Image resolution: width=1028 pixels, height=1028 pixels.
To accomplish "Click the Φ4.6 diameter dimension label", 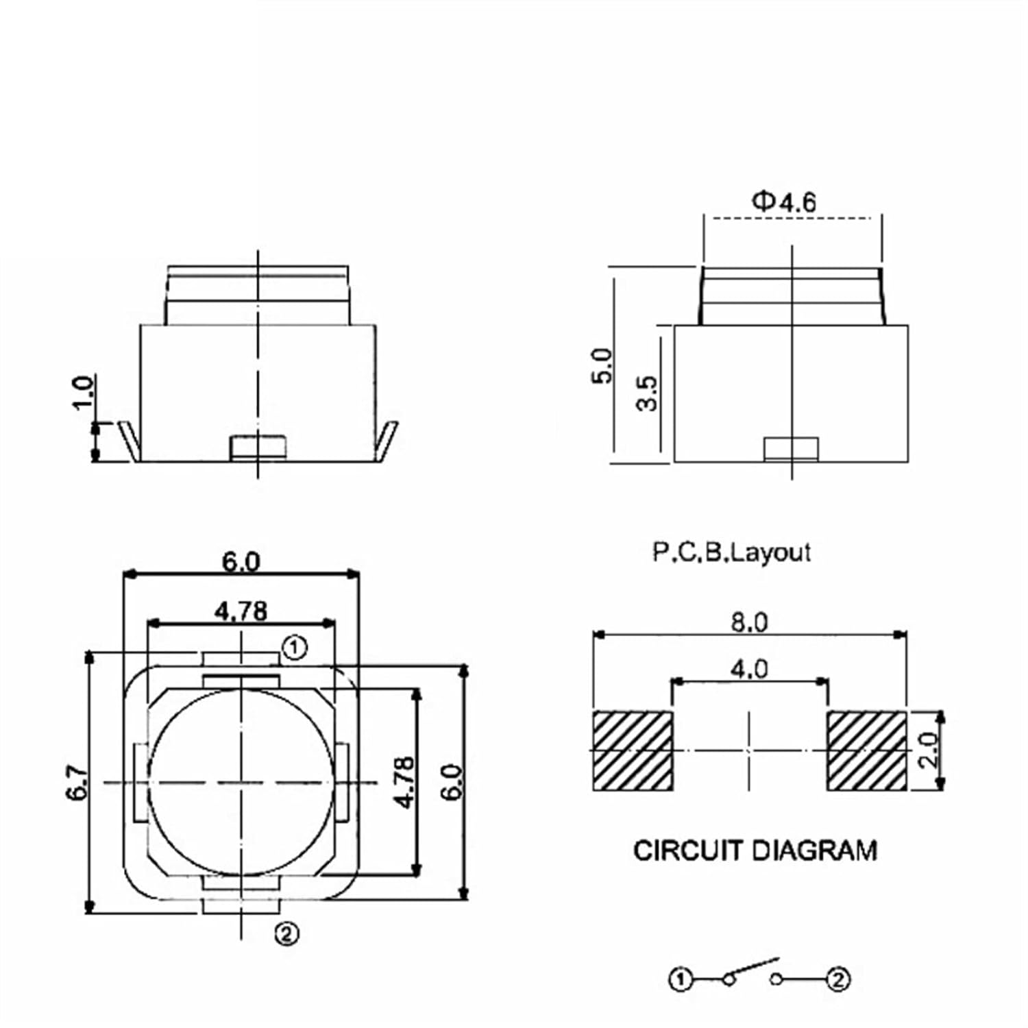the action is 785,202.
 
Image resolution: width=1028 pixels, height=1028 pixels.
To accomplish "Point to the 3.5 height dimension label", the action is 647,393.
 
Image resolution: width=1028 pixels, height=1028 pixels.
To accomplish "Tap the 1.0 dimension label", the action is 84,392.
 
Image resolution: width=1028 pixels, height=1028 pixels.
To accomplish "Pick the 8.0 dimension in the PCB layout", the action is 749,622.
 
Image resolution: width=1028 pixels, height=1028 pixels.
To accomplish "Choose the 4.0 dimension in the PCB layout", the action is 749,668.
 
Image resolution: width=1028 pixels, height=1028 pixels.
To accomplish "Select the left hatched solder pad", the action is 633,751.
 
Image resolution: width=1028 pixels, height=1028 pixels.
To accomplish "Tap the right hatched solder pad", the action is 867,751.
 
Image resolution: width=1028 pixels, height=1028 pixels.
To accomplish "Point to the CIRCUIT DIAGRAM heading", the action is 755,850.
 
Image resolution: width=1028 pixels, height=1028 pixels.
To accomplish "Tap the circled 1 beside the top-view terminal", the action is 295,648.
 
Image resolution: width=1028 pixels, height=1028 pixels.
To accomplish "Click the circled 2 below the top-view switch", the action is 287,933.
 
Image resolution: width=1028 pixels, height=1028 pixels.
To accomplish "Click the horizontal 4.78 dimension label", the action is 241,611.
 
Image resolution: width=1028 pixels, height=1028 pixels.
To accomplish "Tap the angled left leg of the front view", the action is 129,441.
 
